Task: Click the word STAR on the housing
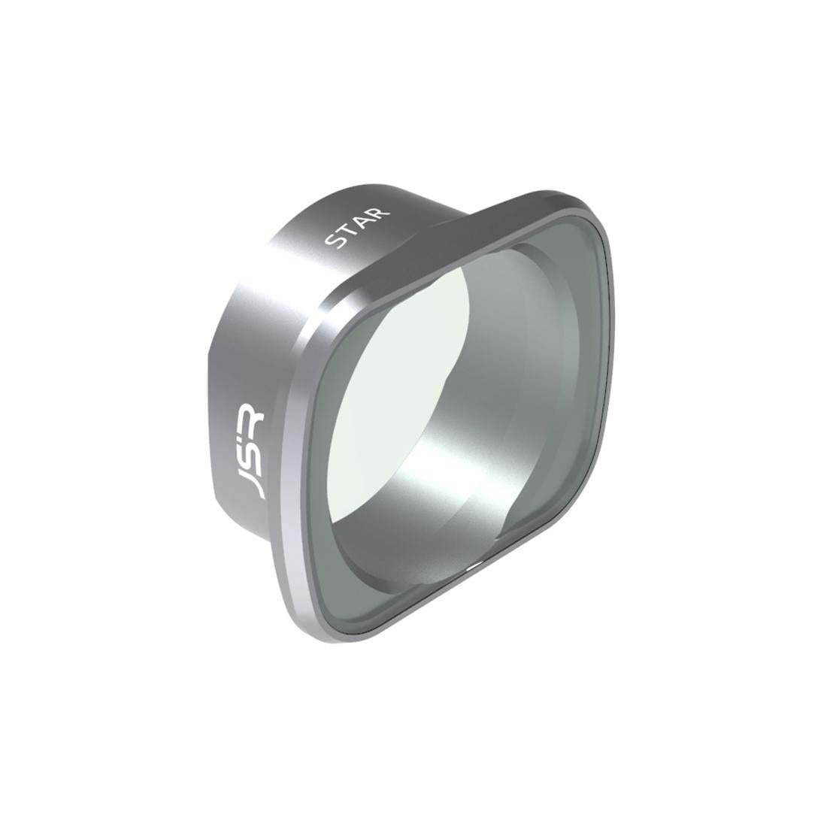pos(357,227)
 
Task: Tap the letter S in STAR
pos(332,241)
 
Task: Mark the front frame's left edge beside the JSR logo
pos(289,466)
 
